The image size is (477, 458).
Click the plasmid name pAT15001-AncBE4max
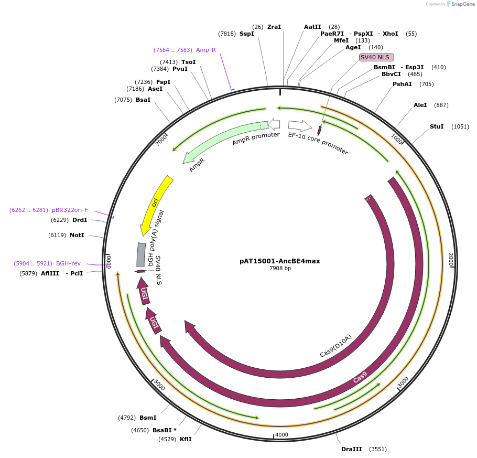(279, 261)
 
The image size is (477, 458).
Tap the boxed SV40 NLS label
(376, 57)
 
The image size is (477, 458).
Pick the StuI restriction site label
(437, 126)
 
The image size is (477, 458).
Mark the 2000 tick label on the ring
(450, 259)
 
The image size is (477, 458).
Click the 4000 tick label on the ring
(281, 435)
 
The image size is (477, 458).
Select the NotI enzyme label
(77, 235)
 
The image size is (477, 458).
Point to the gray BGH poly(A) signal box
(141, 254)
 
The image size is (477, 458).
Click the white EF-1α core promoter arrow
(300, 126)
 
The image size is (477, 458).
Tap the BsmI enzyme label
(148, 418)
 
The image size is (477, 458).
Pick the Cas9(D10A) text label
(335, 346)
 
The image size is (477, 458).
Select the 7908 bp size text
(280, 269)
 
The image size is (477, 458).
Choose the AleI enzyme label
(420, 105)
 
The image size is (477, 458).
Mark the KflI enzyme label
(186, 439)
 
